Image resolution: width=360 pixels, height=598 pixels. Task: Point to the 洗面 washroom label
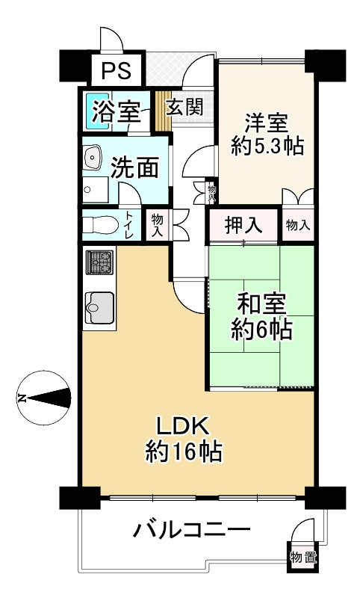coord(134,167)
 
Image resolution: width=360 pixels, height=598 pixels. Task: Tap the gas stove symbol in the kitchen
coord(99,263)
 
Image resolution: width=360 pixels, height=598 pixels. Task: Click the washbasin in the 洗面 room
coord(94,158)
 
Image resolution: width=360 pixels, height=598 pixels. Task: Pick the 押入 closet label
coord(243,225)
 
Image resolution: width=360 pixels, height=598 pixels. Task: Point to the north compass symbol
coord(45,397)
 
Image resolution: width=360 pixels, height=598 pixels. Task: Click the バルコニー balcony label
coord(191,532)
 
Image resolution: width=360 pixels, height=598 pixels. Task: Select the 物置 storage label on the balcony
coord(303,557)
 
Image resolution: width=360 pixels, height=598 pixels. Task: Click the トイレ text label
coord(130,225)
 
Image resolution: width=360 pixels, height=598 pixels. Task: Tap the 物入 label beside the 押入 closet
coord(297,225)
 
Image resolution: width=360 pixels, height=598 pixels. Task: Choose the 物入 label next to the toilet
coord(157,225)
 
